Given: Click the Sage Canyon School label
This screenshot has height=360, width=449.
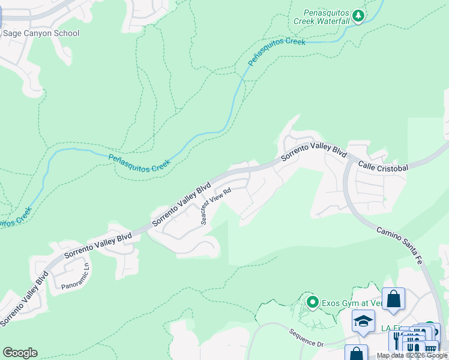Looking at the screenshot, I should click(41, 33).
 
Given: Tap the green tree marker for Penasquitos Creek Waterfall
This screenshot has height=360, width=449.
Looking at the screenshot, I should click(358, 16).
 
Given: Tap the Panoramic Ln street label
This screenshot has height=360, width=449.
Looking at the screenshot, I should click(76, 277).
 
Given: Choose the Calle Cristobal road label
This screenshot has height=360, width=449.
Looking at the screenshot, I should click(384, 166).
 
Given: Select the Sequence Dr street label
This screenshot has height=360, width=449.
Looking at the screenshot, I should click(306, 338).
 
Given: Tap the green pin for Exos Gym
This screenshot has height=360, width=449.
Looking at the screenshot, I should click(312, 302).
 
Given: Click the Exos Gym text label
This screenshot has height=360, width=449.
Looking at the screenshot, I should click(351, 302).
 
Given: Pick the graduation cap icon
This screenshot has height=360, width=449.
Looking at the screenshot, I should click(363, 321).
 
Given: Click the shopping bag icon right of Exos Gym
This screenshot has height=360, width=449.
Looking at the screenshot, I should click(393, 298).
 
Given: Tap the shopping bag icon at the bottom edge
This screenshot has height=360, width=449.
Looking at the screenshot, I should click(356, 353).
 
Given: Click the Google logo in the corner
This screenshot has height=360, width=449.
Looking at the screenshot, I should click(20, 353).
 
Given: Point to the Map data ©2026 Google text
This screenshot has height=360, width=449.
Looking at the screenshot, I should click(412, 355).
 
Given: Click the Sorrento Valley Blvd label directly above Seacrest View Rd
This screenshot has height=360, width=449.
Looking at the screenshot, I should click(182, 203).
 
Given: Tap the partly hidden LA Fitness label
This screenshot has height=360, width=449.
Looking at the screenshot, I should click(387, 328).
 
